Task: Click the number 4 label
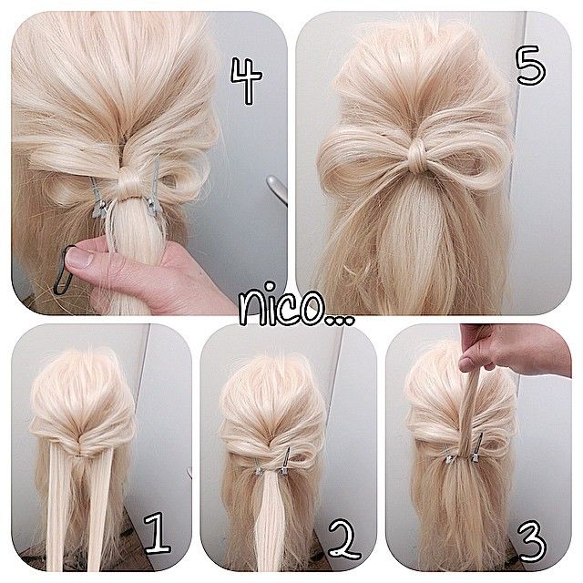[x=245, y=80]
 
